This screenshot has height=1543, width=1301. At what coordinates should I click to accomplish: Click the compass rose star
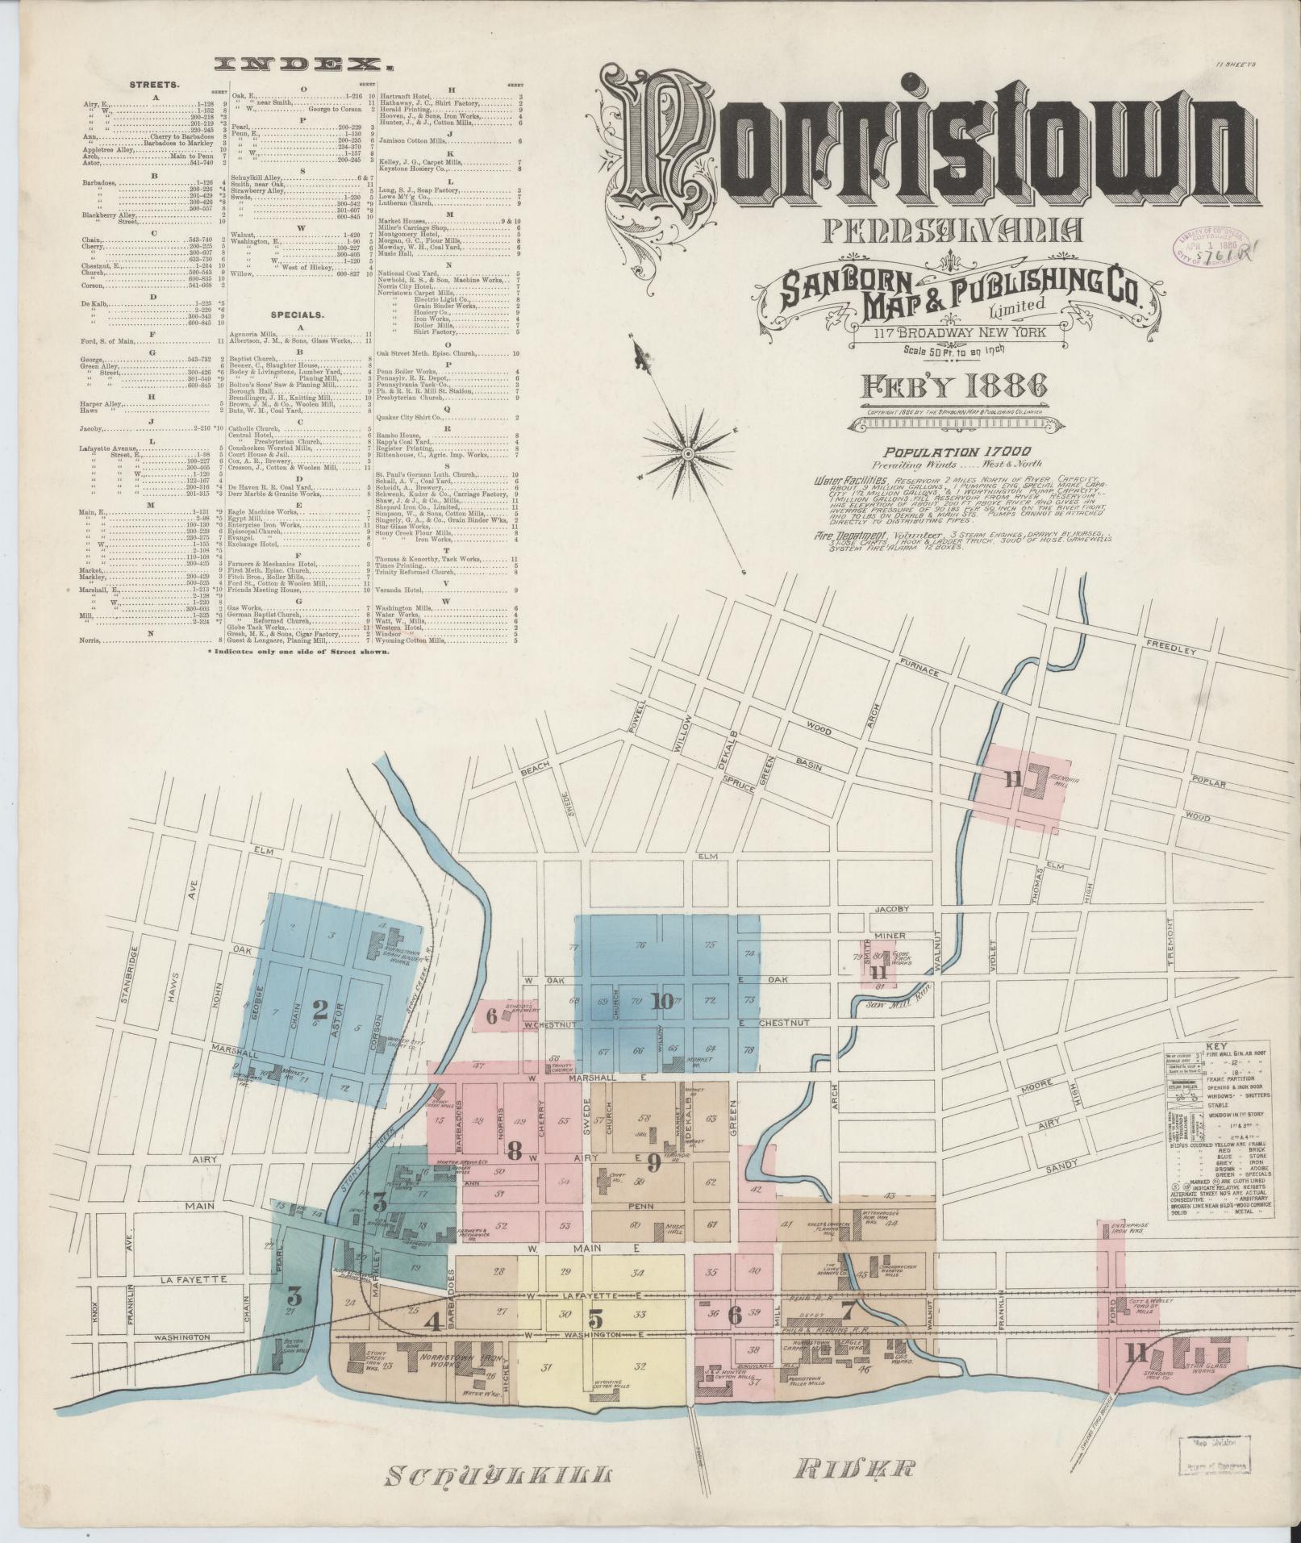point(688,455)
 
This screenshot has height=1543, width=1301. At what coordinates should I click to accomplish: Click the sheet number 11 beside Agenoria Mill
point(1012,778)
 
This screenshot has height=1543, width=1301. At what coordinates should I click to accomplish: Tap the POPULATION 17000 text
point(956,452)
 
